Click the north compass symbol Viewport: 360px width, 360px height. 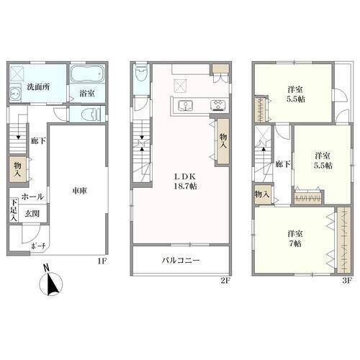point(51,282)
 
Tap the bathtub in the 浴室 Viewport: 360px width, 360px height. point(87,73)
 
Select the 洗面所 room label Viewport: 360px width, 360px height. point(38,86)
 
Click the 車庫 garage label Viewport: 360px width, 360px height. point(79,191)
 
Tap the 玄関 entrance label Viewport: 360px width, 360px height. point(32,213)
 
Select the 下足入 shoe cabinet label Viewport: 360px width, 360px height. point(14,210)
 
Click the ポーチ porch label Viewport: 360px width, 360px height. point(38,246)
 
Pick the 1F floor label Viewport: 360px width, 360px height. point(102,261)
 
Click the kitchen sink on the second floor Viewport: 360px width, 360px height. point(185,106)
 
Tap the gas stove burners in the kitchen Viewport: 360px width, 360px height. point(218,105)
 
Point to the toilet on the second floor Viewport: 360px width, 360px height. point(141,73)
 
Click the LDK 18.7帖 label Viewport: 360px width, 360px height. point(185,181)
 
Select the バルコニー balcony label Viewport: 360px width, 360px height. point(181,260)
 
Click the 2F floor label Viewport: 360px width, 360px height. point(225,280)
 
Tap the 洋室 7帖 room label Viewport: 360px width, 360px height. point(295,238)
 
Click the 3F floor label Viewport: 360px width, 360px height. point(347,280)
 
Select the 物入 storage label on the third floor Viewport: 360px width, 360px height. point(262,194)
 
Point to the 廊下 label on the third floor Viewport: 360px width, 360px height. point(283,164)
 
